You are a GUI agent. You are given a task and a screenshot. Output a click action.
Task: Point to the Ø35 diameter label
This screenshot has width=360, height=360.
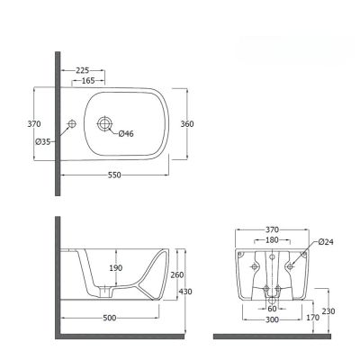41,142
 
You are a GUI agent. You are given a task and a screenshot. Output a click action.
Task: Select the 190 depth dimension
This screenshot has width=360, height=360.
116,267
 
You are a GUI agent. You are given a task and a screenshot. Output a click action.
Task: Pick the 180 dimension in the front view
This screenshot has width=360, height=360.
271,240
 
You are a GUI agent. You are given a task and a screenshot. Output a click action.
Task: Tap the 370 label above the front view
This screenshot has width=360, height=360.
272,229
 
